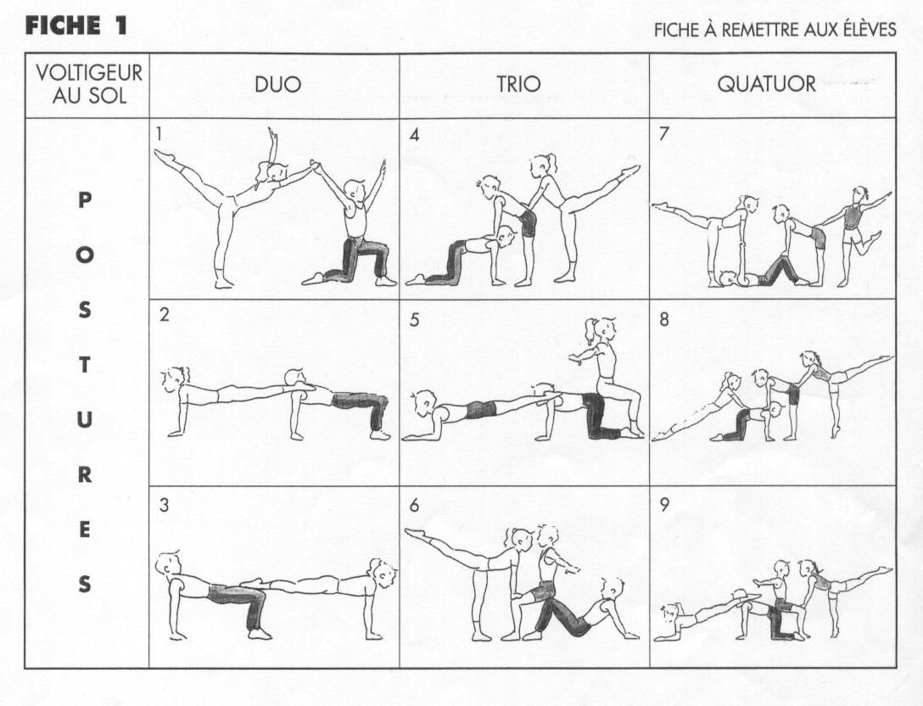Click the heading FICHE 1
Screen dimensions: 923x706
76,26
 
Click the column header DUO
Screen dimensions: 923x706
277,85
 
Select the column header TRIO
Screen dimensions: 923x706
518,84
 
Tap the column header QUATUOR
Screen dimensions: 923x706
766,84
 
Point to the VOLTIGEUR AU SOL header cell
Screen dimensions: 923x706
89,84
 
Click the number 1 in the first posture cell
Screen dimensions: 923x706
159,134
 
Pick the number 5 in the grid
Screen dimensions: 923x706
414,320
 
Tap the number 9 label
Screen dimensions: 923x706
664,505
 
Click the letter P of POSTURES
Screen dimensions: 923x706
85,201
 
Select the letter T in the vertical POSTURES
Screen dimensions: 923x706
85,365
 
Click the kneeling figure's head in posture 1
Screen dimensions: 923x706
354,192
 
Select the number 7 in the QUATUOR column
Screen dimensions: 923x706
664,134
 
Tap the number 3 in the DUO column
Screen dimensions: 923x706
164,505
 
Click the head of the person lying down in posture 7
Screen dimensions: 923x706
730,278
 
